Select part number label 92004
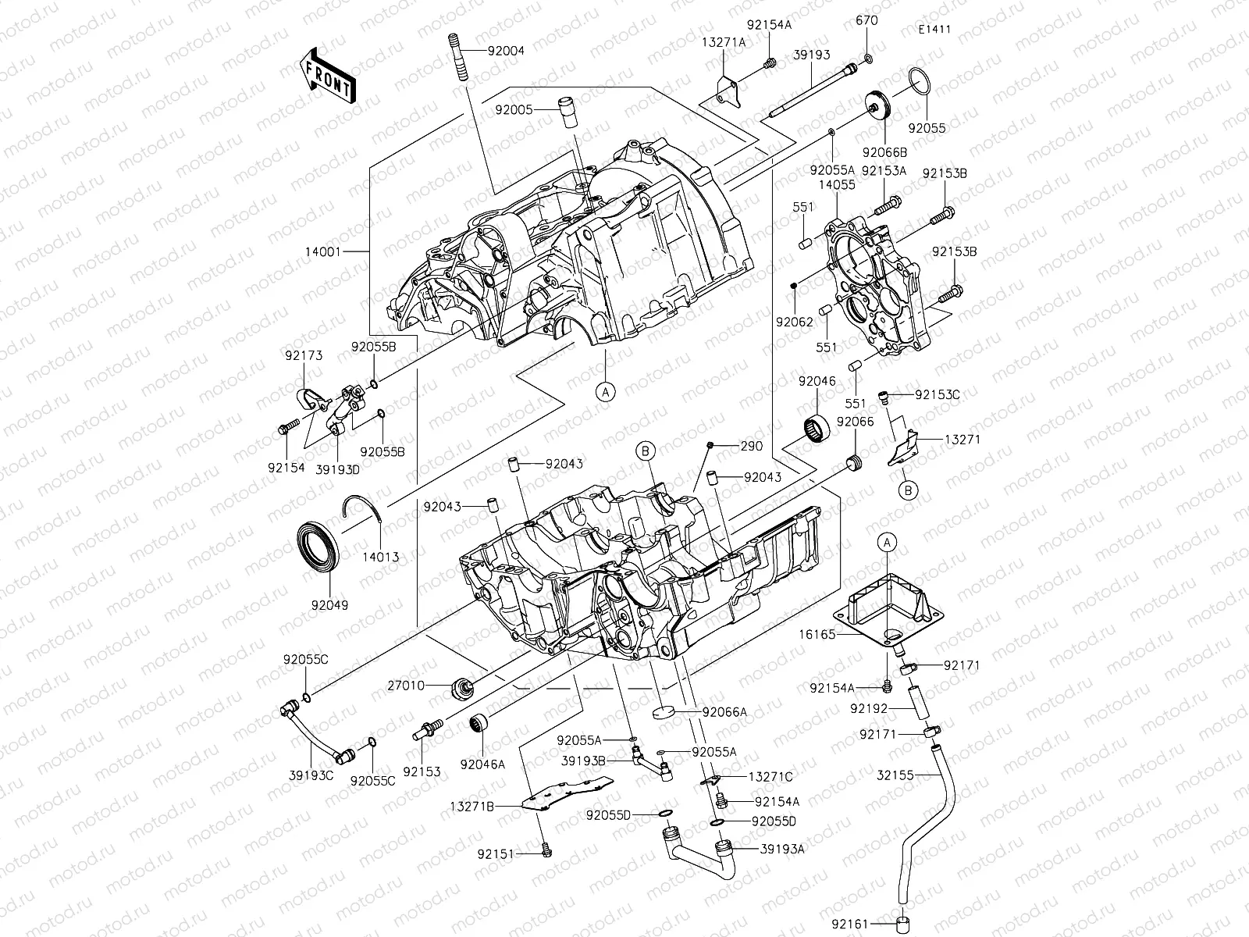(x=506, y=51)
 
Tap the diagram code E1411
(x=934, y=30)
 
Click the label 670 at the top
(x=866, y=20)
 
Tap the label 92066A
(x=724, y=711)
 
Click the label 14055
(x=837, y=185)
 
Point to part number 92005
(x=514, y=110)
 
